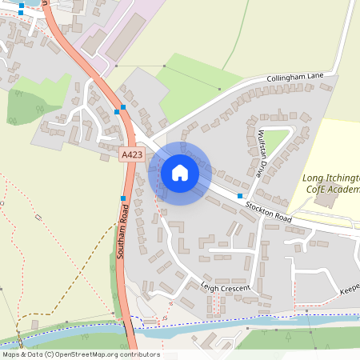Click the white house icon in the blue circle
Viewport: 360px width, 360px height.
[179, 172]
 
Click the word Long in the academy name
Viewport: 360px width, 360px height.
[314, 177]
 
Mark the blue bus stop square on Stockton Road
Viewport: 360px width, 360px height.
[240, 196]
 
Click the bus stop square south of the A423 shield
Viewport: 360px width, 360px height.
[123, 198]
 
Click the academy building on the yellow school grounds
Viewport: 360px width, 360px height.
[326, 200]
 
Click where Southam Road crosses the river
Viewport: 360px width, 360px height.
[128, 328]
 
